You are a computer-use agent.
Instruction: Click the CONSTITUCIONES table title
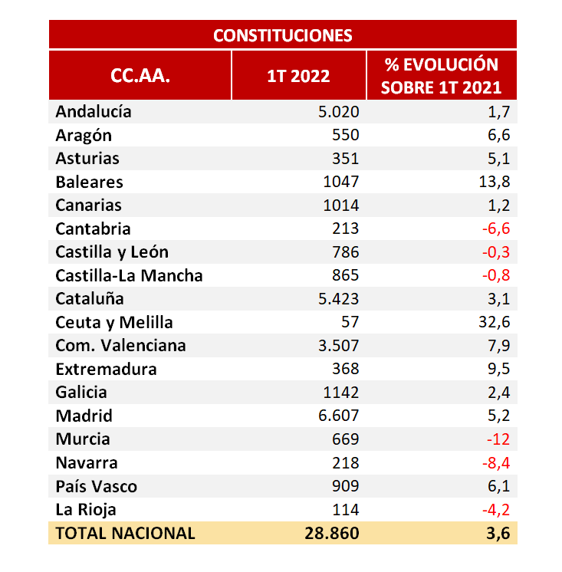[282, 35]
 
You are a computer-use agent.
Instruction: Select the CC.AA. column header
[140, 76]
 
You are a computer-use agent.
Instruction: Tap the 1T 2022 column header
[298, 76]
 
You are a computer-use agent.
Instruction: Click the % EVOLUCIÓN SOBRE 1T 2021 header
[441, 75]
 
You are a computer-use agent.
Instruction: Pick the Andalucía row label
[94, 112]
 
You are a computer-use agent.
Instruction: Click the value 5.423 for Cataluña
[338, 299]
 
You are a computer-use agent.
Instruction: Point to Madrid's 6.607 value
[338, 416]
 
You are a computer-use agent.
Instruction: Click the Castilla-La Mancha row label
[129, 275]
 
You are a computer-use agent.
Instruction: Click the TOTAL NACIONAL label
[125, 533]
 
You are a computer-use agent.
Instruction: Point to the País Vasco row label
[96, 486]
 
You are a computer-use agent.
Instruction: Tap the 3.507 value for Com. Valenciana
[338, 345]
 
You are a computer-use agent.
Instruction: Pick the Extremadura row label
[106, 369]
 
